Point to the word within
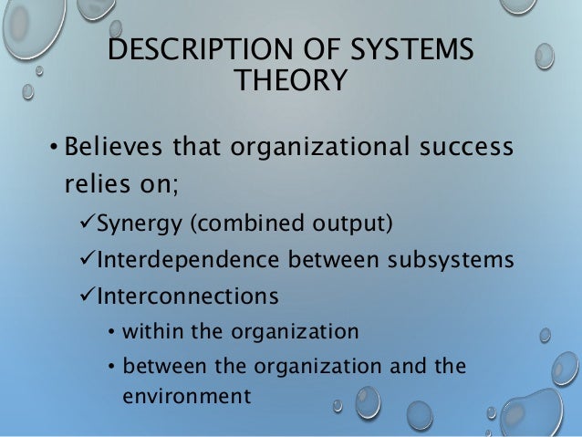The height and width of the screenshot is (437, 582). [151, 332]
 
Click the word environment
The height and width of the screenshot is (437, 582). [186, 397]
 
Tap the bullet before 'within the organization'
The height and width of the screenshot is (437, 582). [110, 332]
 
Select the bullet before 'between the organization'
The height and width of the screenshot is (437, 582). [110, 367]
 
